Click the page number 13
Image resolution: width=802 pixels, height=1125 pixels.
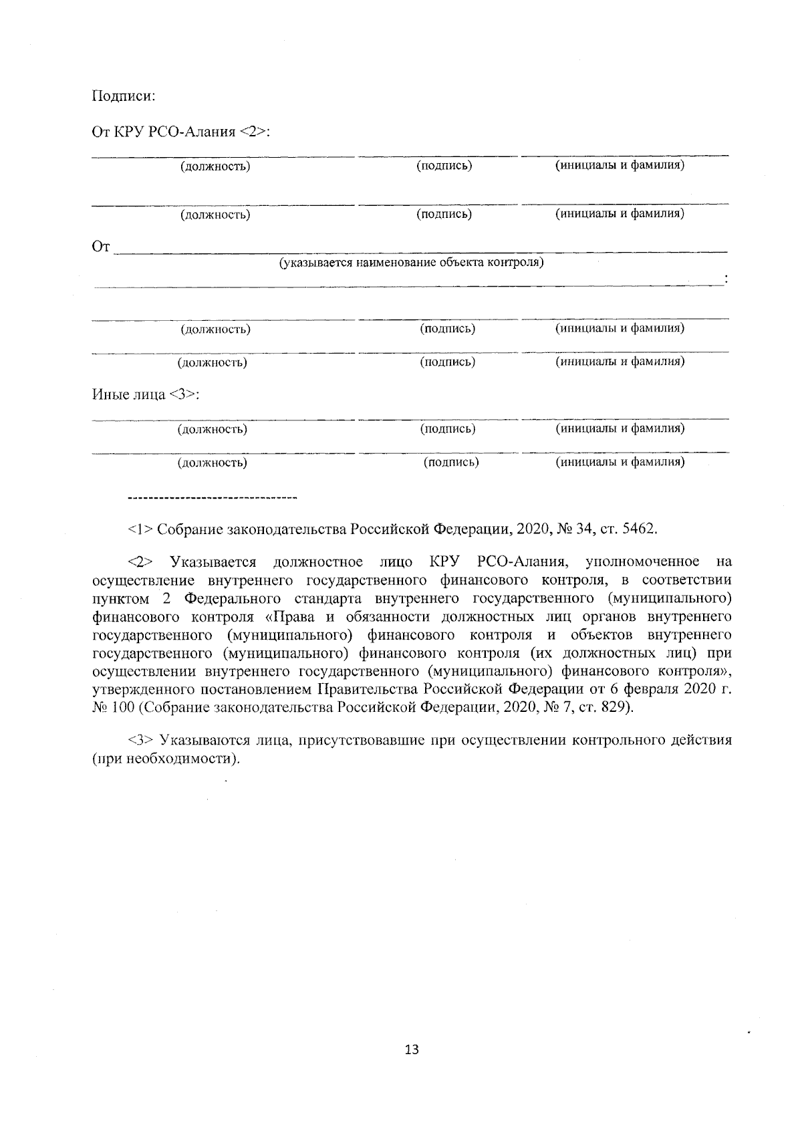click(412, 1049)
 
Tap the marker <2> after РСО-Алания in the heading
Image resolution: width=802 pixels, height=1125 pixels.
click(253, 132)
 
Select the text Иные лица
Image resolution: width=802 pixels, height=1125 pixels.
click(128, 394)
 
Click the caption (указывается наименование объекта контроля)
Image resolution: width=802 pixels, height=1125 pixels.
click(411, 262)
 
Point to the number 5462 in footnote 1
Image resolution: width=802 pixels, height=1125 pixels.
click(639, 529)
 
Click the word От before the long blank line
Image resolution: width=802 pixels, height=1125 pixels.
click(100, 248)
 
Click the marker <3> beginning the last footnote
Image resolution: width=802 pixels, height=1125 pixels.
click(140, 741)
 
